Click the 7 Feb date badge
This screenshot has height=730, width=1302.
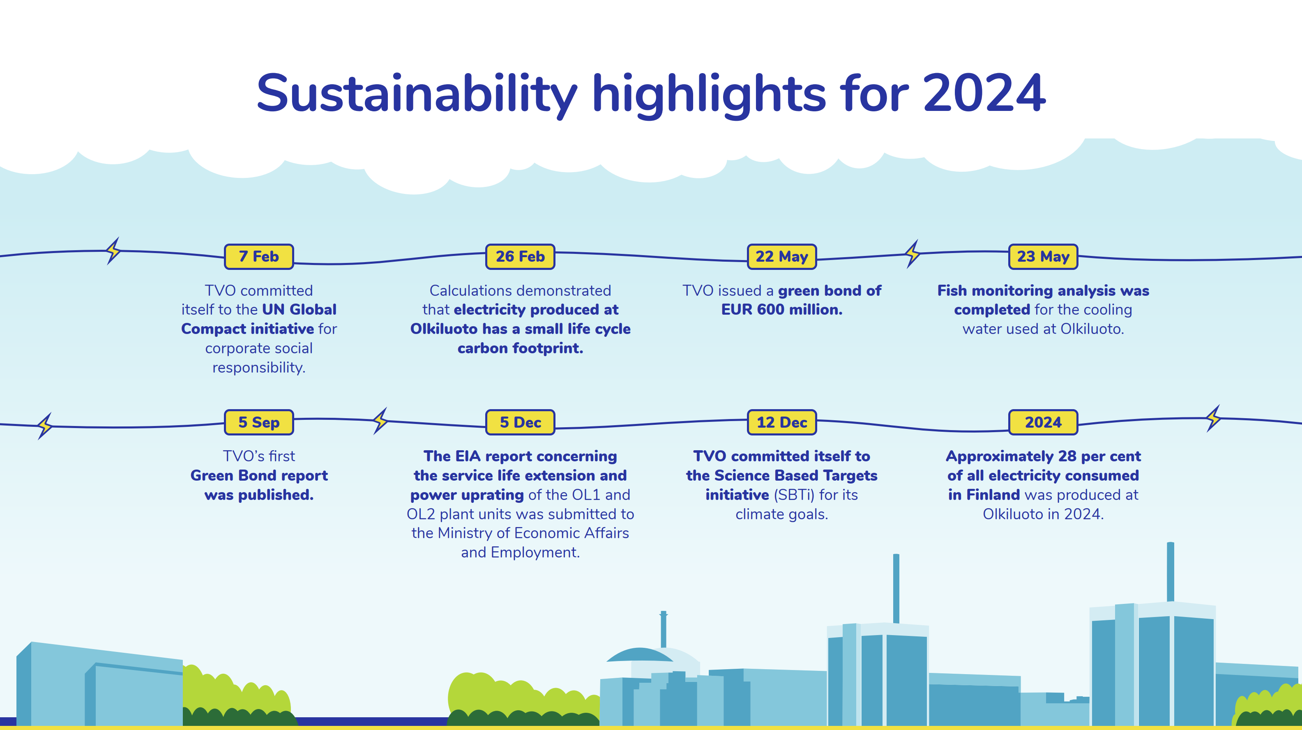coord(259,257)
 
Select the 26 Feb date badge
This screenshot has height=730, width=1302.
coord(520,257)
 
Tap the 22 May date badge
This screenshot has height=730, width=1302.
coord(782,257)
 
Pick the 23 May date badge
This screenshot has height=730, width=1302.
coord(1043,257)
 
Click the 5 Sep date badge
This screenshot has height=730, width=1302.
coord(259,422)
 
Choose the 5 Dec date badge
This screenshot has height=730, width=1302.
coord(520,422)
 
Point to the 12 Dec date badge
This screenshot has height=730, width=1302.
coord(782,422)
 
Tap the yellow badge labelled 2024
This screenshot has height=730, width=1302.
coord(1043,422)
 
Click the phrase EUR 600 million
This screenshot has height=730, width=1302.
coord(782,309)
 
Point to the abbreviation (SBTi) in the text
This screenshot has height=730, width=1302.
coord(794,495)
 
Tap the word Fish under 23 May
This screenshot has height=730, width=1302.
coord(952,291)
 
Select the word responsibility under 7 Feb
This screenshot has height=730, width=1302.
coord(259,368)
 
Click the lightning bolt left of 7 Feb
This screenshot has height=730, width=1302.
coord(114,251)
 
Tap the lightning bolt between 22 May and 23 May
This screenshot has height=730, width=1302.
coord(913,254)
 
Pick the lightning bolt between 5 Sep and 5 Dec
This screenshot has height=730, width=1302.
coord(380,421)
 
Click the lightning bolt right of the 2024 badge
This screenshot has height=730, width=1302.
coord(1213,418)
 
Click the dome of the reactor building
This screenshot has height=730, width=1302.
coord(640,655)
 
